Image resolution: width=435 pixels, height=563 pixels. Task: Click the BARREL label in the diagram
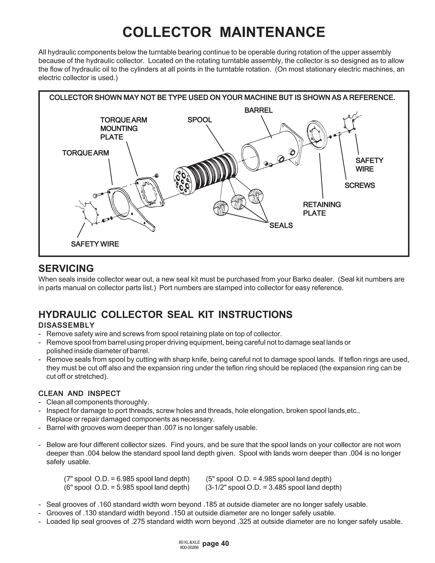(258, 110)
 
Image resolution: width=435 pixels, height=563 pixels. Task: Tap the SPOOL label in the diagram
(199, 120)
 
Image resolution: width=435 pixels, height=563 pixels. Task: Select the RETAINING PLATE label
(322, 209)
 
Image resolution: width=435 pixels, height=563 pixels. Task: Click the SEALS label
(281, 226)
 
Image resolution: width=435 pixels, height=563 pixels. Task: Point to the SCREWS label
(360, 185)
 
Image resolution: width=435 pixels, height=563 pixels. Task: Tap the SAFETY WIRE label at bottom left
(95, 244)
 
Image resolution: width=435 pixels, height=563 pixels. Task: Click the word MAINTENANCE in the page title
(272, 32)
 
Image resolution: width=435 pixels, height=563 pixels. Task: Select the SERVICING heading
(66, 268)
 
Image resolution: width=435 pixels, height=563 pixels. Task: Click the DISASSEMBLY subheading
(66, 325)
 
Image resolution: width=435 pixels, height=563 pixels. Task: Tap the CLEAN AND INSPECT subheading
(79, 393)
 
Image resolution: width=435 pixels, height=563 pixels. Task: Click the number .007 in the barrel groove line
(169, 428)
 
